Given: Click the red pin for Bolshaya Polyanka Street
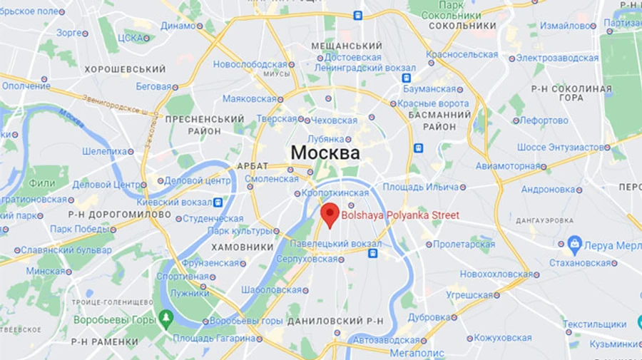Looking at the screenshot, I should [x=330, y=213].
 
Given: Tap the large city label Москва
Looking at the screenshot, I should [x=325, y=153].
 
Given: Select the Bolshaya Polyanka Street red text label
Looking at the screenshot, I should [x=400, y=215].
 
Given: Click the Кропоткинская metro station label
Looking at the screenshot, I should [x=335, y=193].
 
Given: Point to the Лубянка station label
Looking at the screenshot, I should [x=326, y=139].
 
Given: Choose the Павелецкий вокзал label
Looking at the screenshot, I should [x=335, y=245].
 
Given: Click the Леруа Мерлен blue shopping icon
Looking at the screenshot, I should [x=575, y=245].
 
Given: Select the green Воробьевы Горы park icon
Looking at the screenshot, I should [x=165, y=317].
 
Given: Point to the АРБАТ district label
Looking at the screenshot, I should [x=252, y=166].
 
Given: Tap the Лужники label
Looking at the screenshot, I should [x=190, y=293].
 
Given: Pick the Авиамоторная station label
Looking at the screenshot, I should [x=507, y=166].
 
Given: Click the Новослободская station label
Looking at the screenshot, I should [x=250, y=64].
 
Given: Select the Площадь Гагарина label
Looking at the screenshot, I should [x=203, y=338].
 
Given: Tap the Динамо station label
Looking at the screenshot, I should [x=178, y=26].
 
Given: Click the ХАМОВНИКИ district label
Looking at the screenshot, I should [x=243, y=247].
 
